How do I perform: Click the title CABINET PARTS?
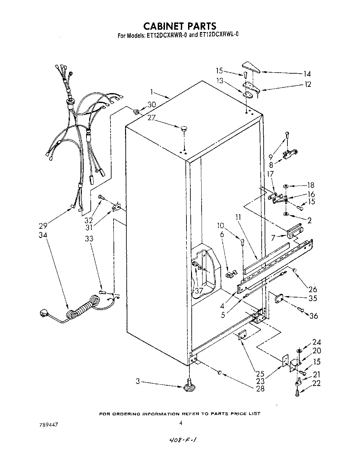180,26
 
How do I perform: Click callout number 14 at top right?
307,74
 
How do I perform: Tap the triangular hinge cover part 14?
250,67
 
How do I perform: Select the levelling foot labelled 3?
189,385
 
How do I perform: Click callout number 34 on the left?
43,235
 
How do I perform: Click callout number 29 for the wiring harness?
43,226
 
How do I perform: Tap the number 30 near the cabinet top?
151,105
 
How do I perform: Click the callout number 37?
198,291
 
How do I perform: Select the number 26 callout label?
312,289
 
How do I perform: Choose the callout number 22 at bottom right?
316,384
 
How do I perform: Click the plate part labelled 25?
243,334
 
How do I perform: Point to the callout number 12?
307,84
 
